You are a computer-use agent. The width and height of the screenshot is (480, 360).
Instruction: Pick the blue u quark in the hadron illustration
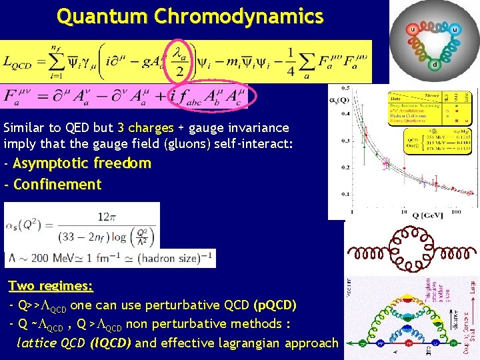(455, 29)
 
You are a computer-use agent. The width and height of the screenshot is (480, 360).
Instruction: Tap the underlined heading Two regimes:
(51, 286)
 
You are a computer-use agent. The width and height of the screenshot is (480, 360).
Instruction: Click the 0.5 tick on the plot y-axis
(344, 88)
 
